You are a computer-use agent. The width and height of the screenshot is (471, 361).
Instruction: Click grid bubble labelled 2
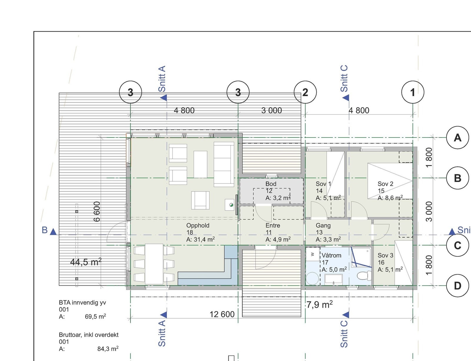click(x=305, y=92)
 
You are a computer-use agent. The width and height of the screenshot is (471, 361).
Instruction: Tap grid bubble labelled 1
click(x=413, y=92)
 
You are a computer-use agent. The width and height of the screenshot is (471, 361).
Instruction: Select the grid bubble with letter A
click(x=457, y=138)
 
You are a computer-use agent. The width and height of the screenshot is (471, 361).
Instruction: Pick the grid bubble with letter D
click(x=457, y=286)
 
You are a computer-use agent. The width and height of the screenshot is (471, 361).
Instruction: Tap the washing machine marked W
click(x=313, y=254)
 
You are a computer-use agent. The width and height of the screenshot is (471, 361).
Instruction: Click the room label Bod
click(x=271, y=184)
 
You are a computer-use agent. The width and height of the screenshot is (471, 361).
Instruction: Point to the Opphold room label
click(x=198, y=226)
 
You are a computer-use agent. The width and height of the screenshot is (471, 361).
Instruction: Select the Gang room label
click(x=323, y=226)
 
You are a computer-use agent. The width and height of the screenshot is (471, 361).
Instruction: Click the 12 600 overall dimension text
click(x=222, y=314)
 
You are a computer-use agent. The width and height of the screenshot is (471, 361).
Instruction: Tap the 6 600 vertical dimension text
click(x=97, y=212)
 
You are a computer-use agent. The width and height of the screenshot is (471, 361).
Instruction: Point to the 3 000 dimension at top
click(x=271, y=110)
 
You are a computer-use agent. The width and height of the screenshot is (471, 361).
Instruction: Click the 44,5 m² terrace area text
click(x=86, y=262)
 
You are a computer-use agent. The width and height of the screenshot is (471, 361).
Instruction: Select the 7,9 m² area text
click(x=319, y=304)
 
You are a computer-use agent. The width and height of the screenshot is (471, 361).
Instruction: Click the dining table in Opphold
click(x=154, y=264)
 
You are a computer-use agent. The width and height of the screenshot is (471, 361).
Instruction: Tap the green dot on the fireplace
click(x=231, y=205)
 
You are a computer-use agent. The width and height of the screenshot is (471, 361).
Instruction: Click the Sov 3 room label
click(x=385, y=255)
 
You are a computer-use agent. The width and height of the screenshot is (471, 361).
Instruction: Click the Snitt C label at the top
click(x=344, y=79)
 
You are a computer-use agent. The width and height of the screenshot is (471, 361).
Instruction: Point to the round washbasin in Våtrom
click(x=312, y=278)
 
